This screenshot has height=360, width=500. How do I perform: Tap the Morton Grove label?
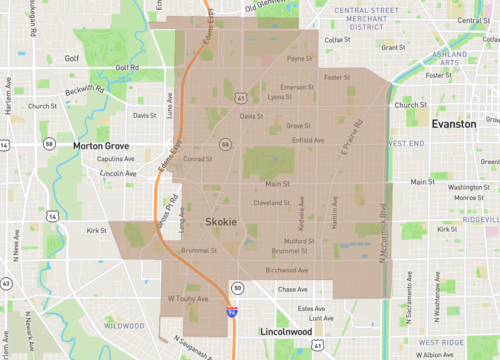pos(103,146)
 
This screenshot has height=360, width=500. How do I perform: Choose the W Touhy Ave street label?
pos(187,298)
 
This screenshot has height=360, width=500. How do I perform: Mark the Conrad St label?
pos(197,158)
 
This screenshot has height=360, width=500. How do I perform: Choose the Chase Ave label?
pos(293,289)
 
